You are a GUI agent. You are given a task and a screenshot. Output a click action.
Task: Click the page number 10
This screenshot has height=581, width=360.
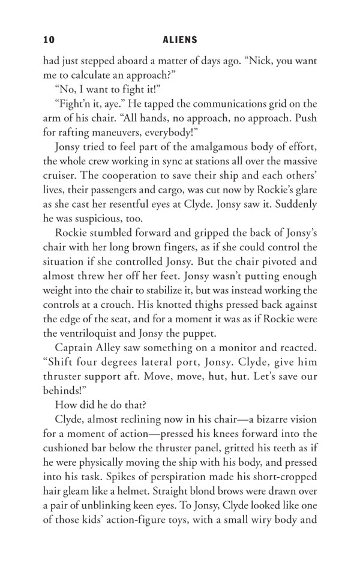(49, 40)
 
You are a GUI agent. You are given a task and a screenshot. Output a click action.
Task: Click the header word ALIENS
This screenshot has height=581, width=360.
(180, 40)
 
